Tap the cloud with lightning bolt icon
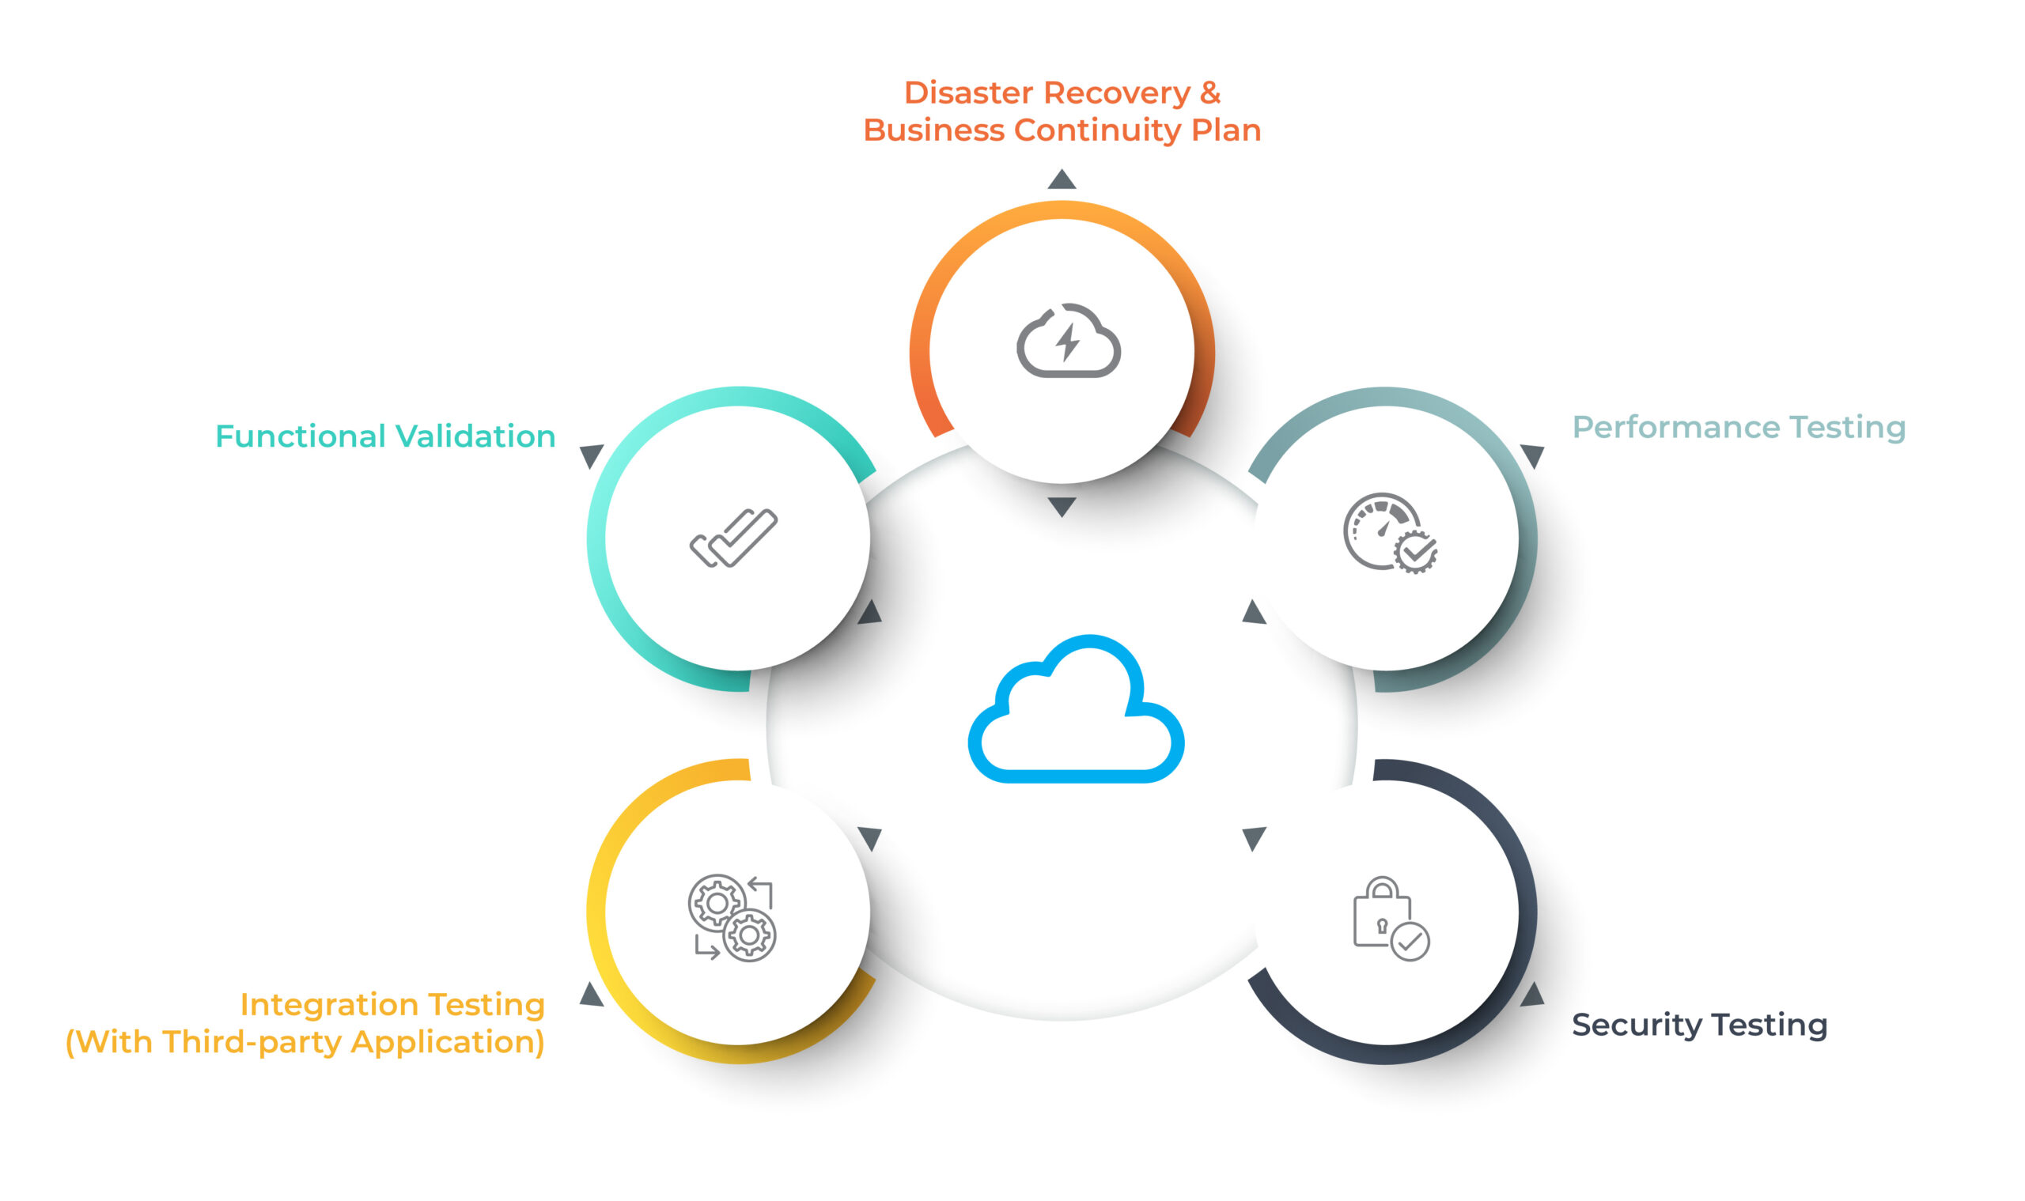point(1068,341)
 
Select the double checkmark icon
point(733,538)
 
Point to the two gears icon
point(732,917)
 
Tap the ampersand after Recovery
point(1209,93)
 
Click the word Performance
point(1675,427)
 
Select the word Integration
point(330,1004)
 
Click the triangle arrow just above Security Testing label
point(1532,995)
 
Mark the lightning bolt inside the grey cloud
point(1068,342)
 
